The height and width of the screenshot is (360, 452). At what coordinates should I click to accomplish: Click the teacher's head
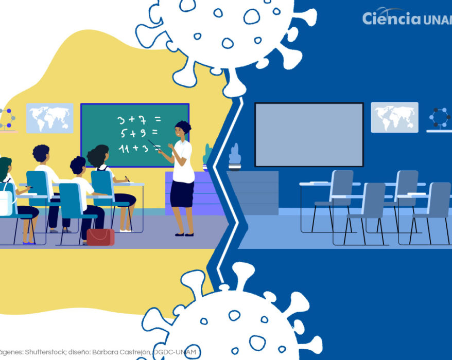click(183, 128)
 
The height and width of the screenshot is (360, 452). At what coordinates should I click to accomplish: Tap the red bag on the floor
click(100, 237)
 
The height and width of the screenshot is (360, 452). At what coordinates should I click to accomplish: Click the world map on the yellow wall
click(50, 118)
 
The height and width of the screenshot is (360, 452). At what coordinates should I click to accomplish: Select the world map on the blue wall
click(394, 117)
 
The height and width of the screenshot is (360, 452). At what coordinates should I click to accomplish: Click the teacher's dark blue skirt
click(182, 193)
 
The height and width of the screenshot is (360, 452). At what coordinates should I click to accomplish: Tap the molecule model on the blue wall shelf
click(440, 118)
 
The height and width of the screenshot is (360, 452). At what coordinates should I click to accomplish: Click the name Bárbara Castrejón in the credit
click(126, 352)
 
